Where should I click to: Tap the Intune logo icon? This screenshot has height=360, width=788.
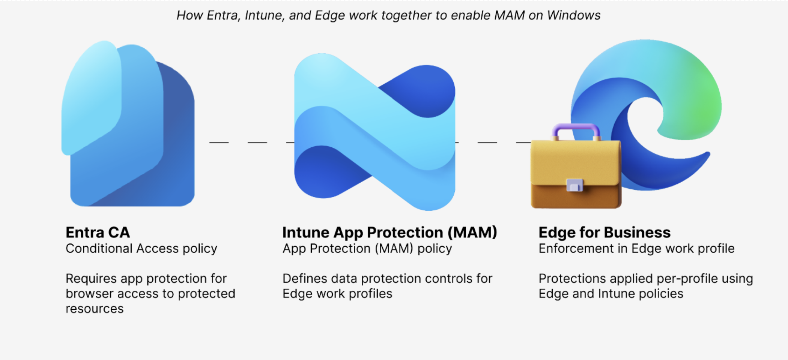click(x=374, y=131)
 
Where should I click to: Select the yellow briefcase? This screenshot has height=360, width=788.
click(x=575, y=172)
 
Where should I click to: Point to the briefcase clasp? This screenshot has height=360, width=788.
click(x=574, y=185)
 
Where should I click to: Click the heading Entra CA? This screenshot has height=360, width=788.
click(x=98, y=232)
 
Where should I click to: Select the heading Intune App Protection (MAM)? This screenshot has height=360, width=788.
click(x=389, y=232)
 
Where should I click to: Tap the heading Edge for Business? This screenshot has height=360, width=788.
click(x=604, y=232)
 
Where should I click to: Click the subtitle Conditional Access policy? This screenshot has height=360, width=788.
click(x=141, y=249)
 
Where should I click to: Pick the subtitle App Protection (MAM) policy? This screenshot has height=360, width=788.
click(x=367, y=249)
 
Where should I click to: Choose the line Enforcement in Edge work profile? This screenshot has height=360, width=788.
click(x=636, y=249)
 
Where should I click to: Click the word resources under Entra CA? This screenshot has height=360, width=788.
click(x=95, y=309)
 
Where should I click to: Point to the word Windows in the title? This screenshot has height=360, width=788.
click(x=573, y=15)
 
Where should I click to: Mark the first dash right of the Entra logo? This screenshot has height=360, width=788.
click(x=219, y=142)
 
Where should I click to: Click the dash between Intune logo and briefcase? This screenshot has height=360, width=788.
click(x=487, y=142)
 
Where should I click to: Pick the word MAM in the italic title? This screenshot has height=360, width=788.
click(x=509, y=15)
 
